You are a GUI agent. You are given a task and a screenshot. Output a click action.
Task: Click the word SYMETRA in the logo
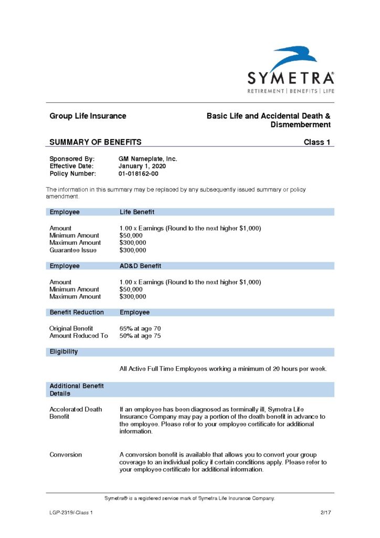tap(291, 78)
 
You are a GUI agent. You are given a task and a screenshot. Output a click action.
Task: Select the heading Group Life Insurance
tap(88, 116)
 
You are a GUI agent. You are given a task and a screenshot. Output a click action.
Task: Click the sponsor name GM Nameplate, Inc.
tap(148, 159)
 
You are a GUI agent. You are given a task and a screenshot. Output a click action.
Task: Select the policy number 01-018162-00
tap(139, 173)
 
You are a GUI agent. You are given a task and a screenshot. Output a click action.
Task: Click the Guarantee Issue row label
tap(70, 250)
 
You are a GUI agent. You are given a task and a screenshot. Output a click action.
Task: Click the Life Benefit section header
tap(136, 212)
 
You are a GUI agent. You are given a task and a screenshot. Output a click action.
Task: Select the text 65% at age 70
tap(140, 328)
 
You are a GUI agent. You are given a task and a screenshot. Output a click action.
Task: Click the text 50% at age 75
tap(140, 336)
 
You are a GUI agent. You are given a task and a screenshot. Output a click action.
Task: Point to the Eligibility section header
tap(64, 351)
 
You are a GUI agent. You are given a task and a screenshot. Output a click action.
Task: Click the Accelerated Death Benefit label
tap(76, 412)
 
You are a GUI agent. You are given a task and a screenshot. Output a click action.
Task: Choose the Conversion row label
tap(66, 454)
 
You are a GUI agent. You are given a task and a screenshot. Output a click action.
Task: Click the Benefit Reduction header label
tap(77, 312)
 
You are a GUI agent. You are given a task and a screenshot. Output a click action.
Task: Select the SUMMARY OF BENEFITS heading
tap(95, 142)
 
